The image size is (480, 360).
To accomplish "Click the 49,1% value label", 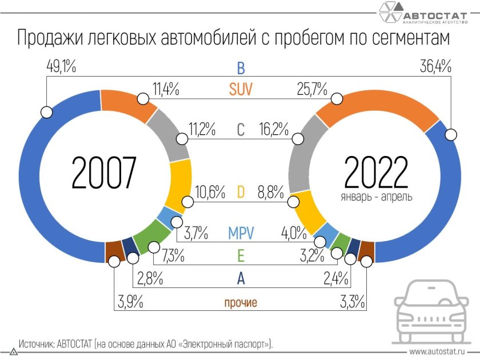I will (x=61, y=67).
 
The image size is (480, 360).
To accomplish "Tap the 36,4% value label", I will (x=435, y=67).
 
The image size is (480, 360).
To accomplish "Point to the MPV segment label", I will (x=241, y=233).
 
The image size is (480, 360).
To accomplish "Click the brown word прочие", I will (x=240, y=303).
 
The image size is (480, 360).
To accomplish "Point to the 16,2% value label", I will (x=273, y=130).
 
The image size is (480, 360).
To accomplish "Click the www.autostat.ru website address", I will (x=437, y=351).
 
